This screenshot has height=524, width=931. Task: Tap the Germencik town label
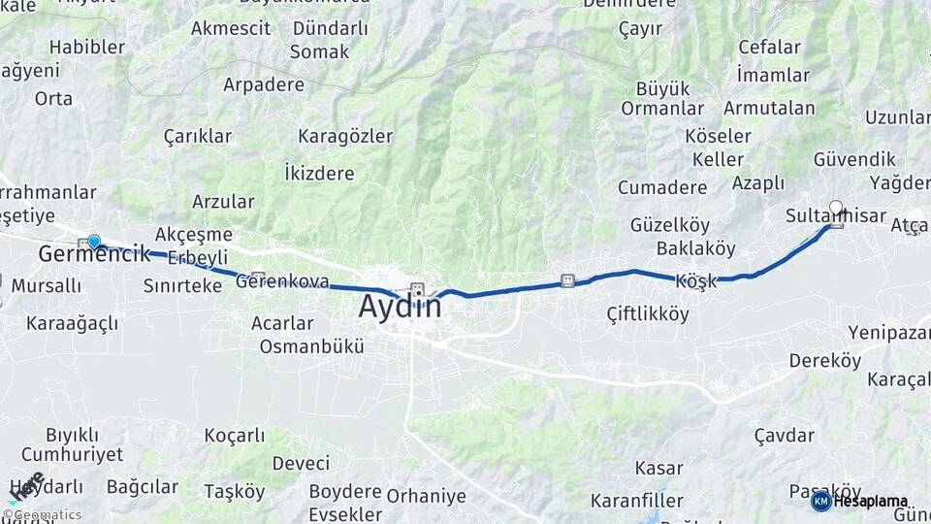94,255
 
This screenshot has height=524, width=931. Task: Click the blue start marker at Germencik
94,241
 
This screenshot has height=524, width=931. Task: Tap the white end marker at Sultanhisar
836,208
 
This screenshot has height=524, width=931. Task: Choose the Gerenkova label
282,282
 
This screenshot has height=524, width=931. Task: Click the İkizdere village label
319,174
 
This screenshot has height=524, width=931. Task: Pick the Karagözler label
345,135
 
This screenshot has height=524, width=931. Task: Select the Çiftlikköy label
648,314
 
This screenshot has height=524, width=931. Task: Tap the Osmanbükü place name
311,345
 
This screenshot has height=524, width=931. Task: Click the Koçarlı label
236,436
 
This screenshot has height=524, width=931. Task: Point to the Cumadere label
662,187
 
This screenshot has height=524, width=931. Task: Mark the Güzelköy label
670,224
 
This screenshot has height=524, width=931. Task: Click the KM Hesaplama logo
860,501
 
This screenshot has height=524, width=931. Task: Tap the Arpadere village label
264,84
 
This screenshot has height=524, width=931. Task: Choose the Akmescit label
231,28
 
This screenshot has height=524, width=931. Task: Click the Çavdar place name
784,435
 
